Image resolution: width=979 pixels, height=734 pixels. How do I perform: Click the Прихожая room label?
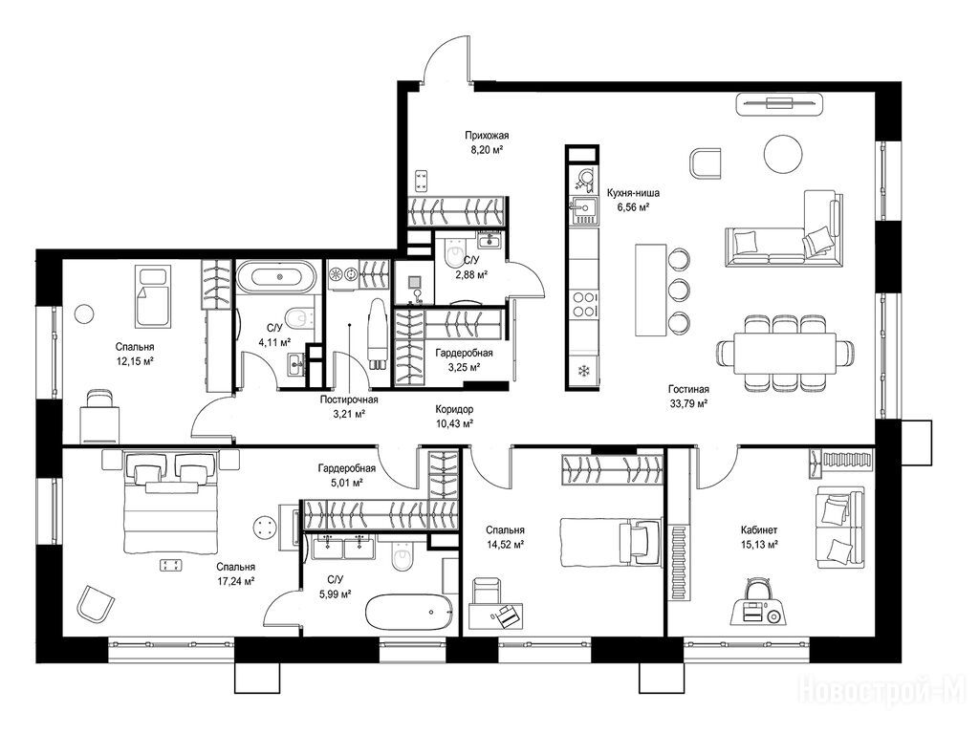[x=487, y=135]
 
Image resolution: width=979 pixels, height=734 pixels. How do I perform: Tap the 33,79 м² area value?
[x=688, y=403]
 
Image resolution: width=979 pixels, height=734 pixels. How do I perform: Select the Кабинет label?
[x=758, y=529]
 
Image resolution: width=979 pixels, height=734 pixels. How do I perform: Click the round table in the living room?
[x=783, y=154]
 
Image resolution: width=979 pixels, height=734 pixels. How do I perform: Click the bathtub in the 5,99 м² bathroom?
[x=409, y=612]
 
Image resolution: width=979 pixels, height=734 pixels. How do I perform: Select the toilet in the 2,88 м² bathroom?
[x=450, y=252]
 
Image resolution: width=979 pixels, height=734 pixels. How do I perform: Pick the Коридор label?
[x=454, y=409]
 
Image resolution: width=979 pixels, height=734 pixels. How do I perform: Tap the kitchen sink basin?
[x=585, y=210]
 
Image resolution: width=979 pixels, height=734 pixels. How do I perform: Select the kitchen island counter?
[x=650, y=290]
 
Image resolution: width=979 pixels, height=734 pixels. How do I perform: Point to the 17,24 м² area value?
[x=235, y=580]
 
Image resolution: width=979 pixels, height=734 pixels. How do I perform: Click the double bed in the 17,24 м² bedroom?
[x=171, y=503]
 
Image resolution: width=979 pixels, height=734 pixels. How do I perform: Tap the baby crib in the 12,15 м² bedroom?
[x=154, y=296]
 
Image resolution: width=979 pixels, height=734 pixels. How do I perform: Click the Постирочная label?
[x=348, y=399]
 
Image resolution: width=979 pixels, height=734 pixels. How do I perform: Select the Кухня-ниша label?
[x=634, y=193]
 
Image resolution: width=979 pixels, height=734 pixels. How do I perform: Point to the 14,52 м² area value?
[x=505, y=544]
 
